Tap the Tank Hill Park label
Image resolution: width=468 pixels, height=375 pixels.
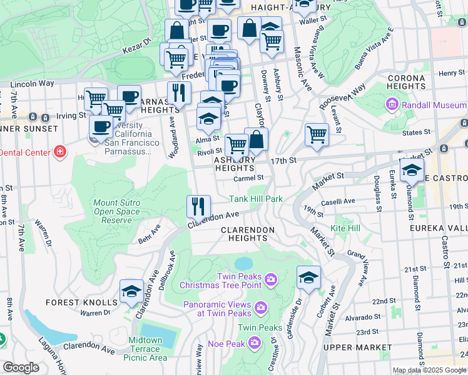[x=256, y=199]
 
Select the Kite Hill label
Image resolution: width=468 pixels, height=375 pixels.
[x=345, y=229]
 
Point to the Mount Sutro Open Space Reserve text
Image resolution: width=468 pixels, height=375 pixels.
[x=121, y=211]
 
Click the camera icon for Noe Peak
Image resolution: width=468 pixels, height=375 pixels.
[x=254, y=342]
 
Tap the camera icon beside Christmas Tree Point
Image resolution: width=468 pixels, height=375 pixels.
[x=271, y=278]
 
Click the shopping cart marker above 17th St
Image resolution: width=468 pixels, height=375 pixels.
[x=317, y=134]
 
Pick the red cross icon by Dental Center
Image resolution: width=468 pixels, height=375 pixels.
[x=60, y=152]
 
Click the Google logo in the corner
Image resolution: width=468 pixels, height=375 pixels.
[x=21, y=367]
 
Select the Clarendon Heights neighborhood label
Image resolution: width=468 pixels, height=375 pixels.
[x=248, y=234]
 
